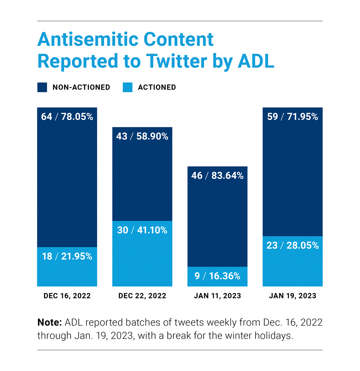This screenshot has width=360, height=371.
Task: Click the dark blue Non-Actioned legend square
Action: point(42,87)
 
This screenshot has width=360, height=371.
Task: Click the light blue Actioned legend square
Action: point(127,87)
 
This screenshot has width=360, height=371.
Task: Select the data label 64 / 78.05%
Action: point(67,116)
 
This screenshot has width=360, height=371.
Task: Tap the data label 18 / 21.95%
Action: point(67,256)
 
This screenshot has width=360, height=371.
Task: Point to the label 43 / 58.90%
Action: point(142,136)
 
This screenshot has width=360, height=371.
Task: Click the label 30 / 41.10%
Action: point(142,230)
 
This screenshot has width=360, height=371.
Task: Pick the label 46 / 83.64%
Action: point(217,176)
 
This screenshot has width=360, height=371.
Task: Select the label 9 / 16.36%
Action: point(217,276)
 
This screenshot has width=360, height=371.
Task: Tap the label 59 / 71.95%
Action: point(292,116)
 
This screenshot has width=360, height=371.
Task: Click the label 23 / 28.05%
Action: point(292,245)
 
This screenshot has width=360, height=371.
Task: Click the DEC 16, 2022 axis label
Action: point(67,296)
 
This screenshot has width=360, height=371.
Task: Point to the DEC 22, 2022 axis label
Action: point(142,296)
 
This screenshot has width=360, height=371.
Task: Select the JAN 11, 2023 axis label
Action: point(217,296)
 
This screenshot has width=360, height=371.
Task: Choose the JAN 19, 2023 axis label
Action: point(292,296)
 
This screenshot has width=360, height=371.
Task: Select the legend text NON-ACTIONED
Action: point(81,87)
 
